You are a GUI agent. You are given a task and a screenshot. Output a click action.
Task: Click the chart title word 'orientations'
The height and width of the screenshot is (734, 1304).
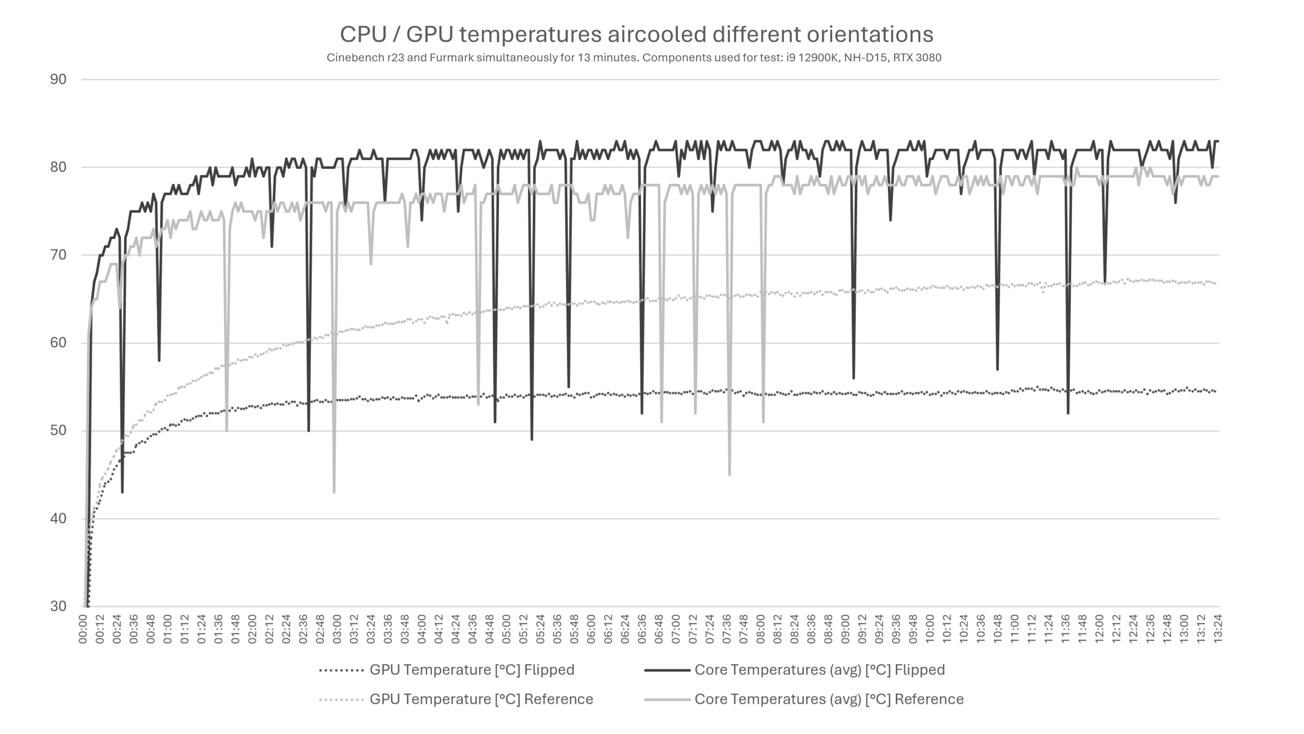coord(870,34)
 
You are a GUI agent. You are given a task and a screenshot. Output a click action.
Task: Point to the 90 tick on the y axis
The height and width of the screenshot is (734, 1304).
coord(58,79)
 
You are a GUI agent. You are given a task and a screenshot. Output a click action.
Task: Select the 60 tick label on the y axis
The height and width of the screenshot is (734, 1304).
coord(58,343)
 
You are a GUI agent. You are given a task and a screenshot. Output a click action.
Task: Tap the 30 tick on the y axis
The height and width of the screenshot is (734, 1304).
coord(58,606)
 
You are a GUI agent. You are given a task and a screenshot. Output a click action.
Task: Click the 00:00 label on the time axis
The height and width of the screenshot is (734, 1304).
coord(83,629)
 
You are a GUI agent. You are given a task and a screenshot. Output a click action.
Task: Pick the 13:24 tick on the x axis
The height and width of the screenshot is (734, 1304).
coord(1218,629)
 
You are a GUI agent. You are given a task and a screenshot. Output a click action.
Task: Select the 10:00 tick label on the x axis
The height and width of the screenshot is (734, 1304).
coord(930,629)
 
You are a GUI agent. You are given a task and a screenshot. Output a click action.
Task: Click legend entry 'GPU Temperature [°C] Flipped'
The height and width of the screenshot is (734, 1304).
coord(471,670)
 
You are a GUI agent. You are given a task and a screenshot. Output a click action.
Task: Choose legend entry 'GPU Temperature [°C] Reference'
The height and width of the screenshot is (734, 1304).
coord(481,700)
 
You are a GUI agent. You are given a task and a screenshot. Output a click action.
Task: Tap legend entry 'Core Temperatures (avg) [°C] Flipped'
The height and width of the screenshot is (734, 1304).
coord(819,670)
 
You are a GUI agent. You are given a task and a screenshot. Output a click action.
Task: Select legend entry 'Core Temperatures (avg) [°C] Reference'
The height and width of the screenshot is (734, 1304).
coord(829,700)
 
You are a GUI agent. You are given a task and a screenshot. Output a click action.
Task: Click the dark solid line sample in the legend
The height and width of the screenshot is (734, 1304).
coord(667,670)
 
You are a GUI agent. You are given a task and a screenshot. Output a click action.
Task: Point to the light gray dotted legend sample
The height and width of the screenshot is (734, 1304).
coord(342,700)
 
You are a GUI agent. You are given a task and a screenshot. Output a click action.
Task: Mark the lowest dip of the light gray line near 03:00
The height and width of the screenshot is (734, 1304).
coord(334,492)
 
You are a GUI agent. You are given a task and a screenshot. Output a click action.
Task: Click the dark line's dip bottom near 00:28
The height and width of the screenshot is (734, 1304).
coord(122,492)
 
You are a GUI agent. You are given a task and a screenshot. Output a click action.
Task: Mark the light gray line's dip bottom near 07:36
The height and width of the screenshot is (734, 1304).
coord(729,475)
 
